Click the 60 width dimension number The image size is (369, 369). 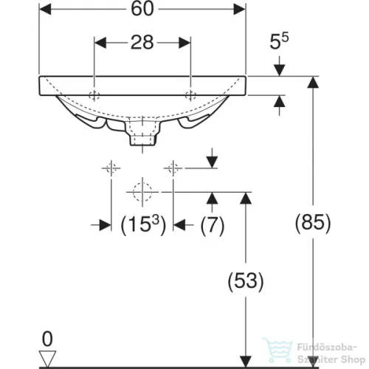coord(142,9)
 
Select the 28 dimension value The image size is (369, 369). coord(142,42)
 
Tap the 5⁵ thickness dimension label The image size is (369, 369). coord(279,41)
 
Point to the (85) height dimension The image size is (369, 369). coord(313,223)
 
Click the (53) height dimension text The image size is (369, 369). coord(246,281)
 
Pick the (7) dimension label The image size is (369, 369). coord(213,225)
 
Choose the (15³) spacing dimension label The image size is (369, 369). coord(143,224)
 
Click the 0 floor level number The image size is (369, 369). coord(47,339)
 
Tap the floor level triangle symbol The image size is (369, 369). coord(48,359)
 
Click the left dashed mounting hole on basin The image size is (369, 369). coord(94,95)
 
